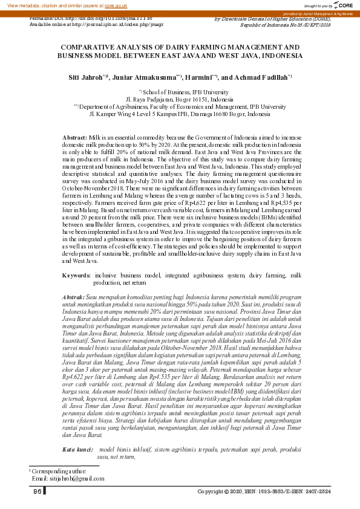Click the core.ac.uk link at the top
click(x=115, y=5)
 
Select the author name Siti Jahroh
click(x=85, y=78)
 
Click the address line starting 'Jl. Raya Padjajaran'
click(x=179, y=99)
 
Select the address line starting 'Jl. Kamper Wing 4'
click(x=180, y=114)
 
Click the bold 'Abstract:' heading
click(x=74, y=138)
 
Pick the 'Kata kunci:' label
click(x=77, y=450)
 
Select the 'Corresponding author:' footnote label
click(x=60, y=471)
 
